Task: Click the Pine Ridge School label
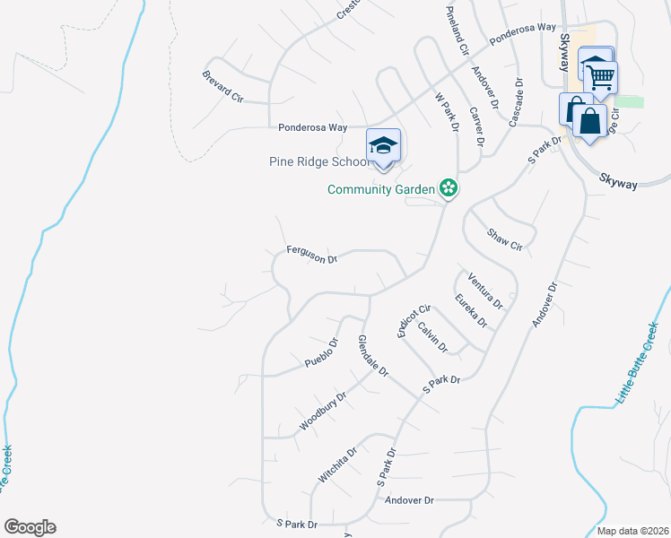(x=319, y=162)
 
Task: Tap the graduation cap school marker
(x=383, y=145)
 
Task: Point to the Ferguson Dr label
(x=311, y=255)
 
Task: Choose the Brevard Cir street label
(x=223, y=87)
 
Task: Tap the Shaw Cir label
(x=504, y=239)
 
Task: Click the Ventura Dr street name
(x=484, y=291)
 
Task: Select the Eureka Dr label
(x=470, y=310)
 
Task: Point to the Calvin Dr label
(x=432, y=337)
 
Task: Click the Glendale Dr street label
(x=372, y=356)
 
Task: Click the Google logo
(x=30, y=527)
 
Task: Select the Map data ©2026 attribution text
(x=632, y=531)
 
